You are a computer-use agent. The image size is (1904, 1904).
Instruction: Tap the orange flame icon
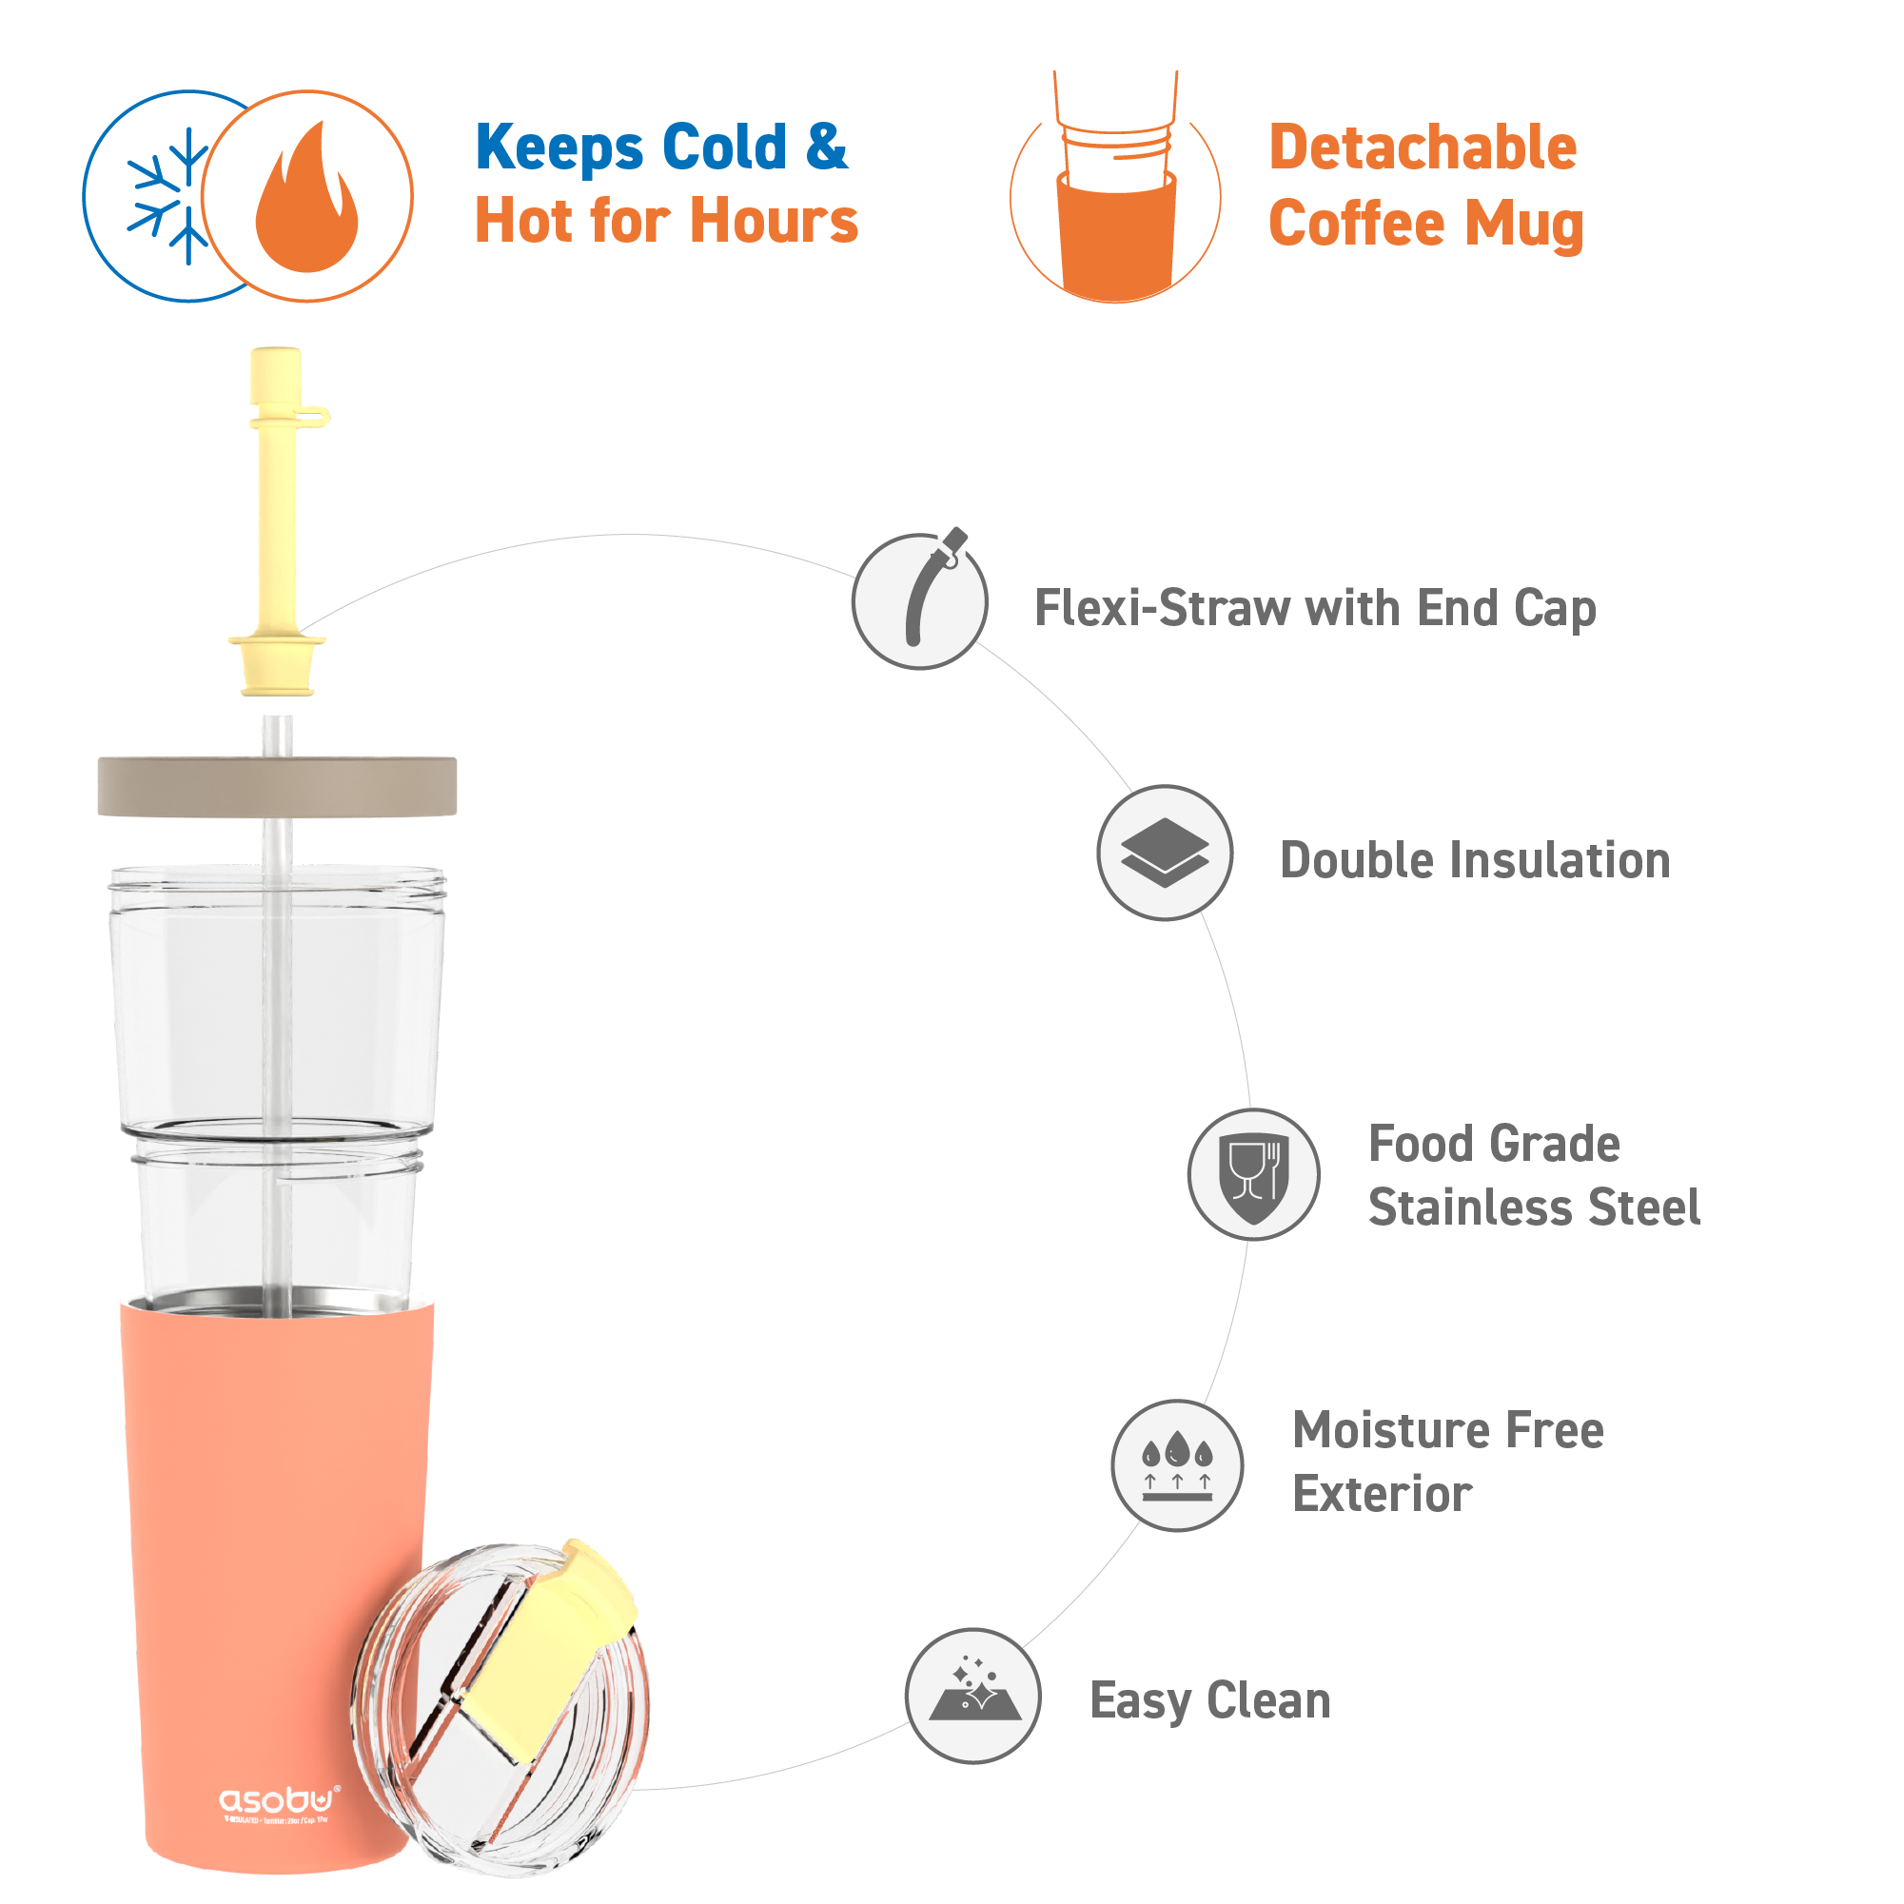307,200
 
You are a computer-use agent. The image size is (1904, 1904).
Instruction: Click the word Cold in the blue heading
724,147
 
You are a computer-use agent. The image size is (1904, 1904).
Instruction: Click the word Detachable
1423,148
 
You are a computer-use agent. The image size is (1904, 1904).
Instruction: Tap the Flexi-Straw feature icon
920,601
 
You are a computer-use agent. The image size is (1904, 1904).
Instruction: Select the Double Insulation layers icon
1165,853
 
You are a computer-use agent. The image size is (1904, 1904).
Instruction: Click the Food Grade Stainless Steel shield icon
1253,1175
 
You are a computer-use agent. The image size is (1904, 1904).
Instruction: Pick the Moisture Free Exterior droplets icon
1177,1465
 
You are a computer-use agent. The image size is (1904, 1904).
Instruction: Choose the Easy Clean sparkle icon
973,1696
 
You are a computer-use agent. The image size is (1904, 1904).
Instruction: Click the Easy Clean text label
1210,1701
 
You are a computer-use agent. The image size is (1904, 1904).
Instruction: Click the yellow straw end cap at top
276,375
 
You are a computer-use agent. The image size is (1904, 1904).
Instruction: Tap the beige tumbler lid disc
277,786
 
